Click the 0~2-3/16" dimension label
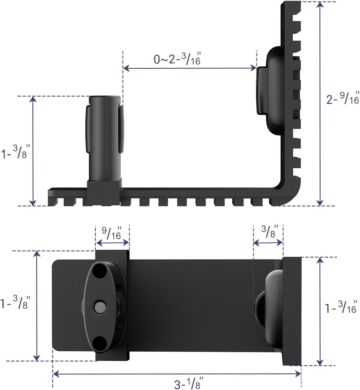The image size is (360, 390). pyautogui.click(x=177, y=59)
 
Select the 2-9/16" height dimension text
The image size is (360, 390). pyautogui.click(x=343, y=98)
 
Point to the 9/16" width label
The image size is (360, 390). pyautogui.click(x=112, y=233)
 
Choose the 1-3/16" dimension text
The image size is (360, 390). pyautogui.click(x=341, y=308)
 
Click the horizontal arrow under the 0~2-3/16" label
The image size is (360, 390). pyautogui.click(x=190, y=68)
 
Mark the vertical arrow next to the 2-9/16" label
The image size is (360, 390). pyautogui.click(x=320, y=103)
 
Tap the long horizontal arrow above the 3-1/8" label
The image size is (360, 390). pyautogui.click(x=177, y=374)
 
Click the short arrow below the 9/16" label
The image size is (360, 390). pyautogui.click(x=112, y=242)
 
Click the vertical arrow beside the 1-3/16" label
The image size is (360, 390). pyautogui.click(x=320, y=311)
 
